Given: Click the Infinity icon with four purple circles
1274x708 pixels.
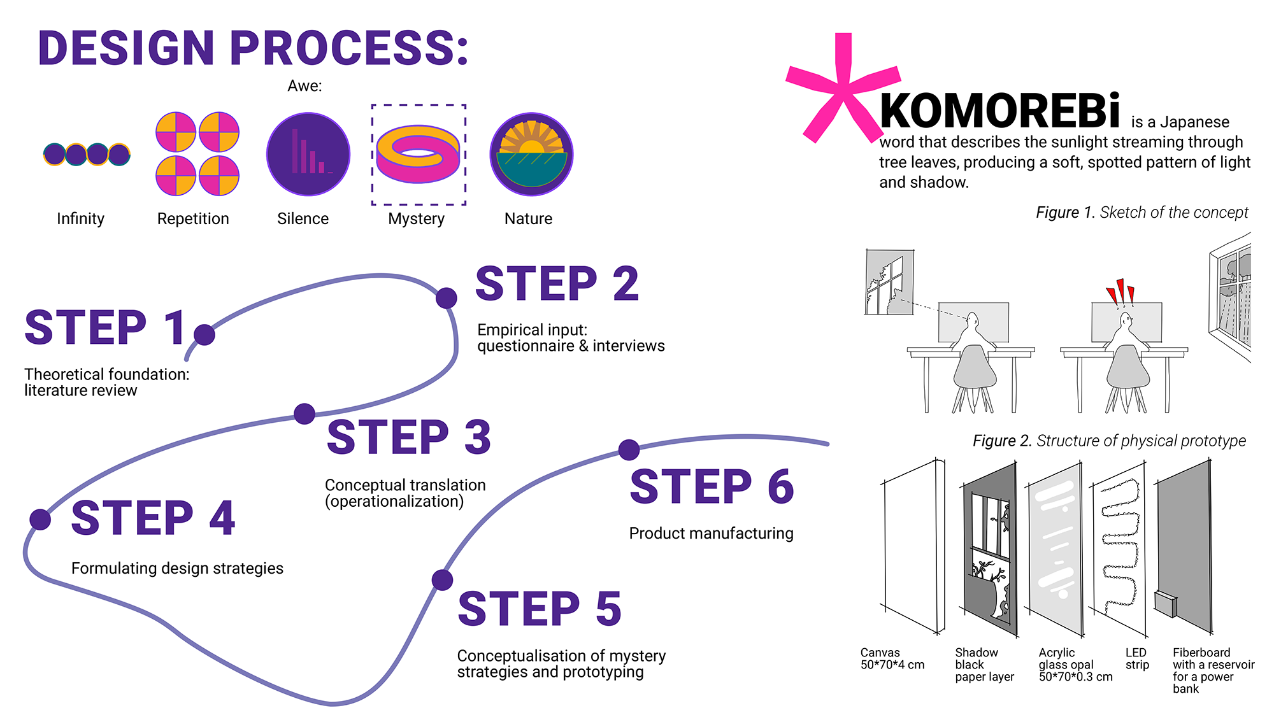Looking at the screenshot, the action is pyautogui.click(x=87, y=154).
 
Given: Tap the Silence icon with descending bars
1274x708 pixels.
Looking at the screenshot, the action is pyautogui.click(x=308, y=154).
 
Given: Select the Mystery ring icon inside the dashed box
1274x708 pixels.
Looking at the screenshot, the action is pyautogui.click(x=418, y=153).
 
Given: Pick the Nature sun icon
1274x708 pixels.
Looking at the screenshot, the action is pyautogui.click(x=531, y=154).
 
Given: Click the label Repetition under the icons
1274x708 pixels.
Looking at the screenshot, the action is pyautogui.click(x=193, y=218).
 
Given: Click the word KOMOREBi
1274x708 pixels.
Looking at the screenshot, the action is pyautogui.click(x=999, y=111).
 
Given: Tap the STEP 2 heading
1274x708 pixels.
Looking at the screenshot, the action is pyautogui.click(x=557, y=284).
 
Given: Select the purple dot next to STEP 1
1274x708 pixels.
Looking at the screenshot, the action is pyautogui.click(x=204, y=334).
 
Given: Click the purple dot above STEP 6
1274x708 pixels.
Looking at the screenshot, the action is pyautogui.click(x=629, y=450).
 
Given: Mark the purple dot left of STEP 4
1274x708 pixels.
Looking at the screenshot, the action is pyautogui.click(x=40, y=520).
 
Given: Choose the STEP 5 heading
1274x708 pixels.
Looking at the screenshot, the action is pyautogui.click(x=540, y=609).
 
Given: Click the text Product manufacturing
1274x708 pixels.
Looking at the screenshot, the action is pyautogui.click(x=711, y=533).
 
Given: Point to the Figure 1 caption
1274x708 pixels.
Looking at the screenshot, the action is pyautogui.click(x=1142, y=212).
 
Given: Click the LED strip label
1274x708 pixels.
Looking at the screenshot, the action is pyautogui.click(x=1137, y=659).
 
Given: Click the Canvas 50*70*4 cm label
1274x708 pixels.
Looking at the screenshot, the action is pyautogui.click(x=892, y=659).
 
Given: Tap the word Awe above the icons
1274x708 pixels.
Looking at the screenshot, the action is pyautogui.click(x=304, y=86).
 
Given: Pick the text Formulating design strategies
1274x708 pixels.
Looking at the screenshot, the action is pyautogui.click(x=177, y=568).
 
